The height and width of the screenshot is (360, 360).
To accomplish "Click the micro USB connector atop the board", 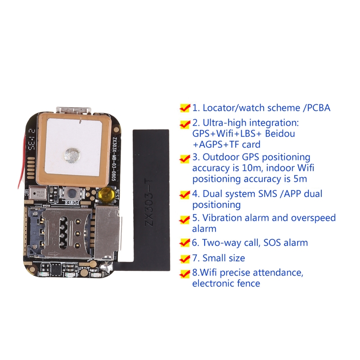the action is pos(74,110).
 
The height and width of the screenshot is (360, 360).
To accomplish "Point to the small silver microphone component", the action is pos(38,193).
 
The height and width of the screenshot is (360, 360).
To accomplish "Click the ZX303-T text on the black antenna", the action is pos(149,203).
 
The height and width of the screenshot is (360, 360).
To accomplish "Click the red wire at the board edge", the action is pos(22,161).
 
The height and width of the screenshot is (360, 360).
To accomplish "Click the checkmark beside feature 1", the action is pos(185,108).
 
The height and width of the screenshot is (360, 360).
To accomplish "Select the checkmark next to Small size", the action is pos(185,258).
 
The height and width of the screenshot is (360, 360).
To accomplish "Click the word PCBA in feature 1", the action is pos(319,108).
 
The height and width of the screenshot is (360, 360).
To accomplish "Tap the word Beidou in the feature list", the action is pos(280,133).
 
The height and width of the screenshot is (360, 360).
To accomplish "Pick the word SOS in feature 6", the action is pos(272,243).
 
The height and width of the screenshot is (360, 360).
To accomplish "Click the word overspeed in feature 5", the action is pos(313,218).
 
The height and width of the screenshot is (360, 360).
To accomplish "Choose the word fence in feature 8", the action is pos(249,283).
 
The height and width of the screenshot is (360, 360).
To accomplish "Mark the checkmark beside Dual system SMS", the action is pos(185,194).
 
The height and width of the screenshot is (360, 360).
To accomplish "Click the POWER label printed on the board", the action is pos(72,202).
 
